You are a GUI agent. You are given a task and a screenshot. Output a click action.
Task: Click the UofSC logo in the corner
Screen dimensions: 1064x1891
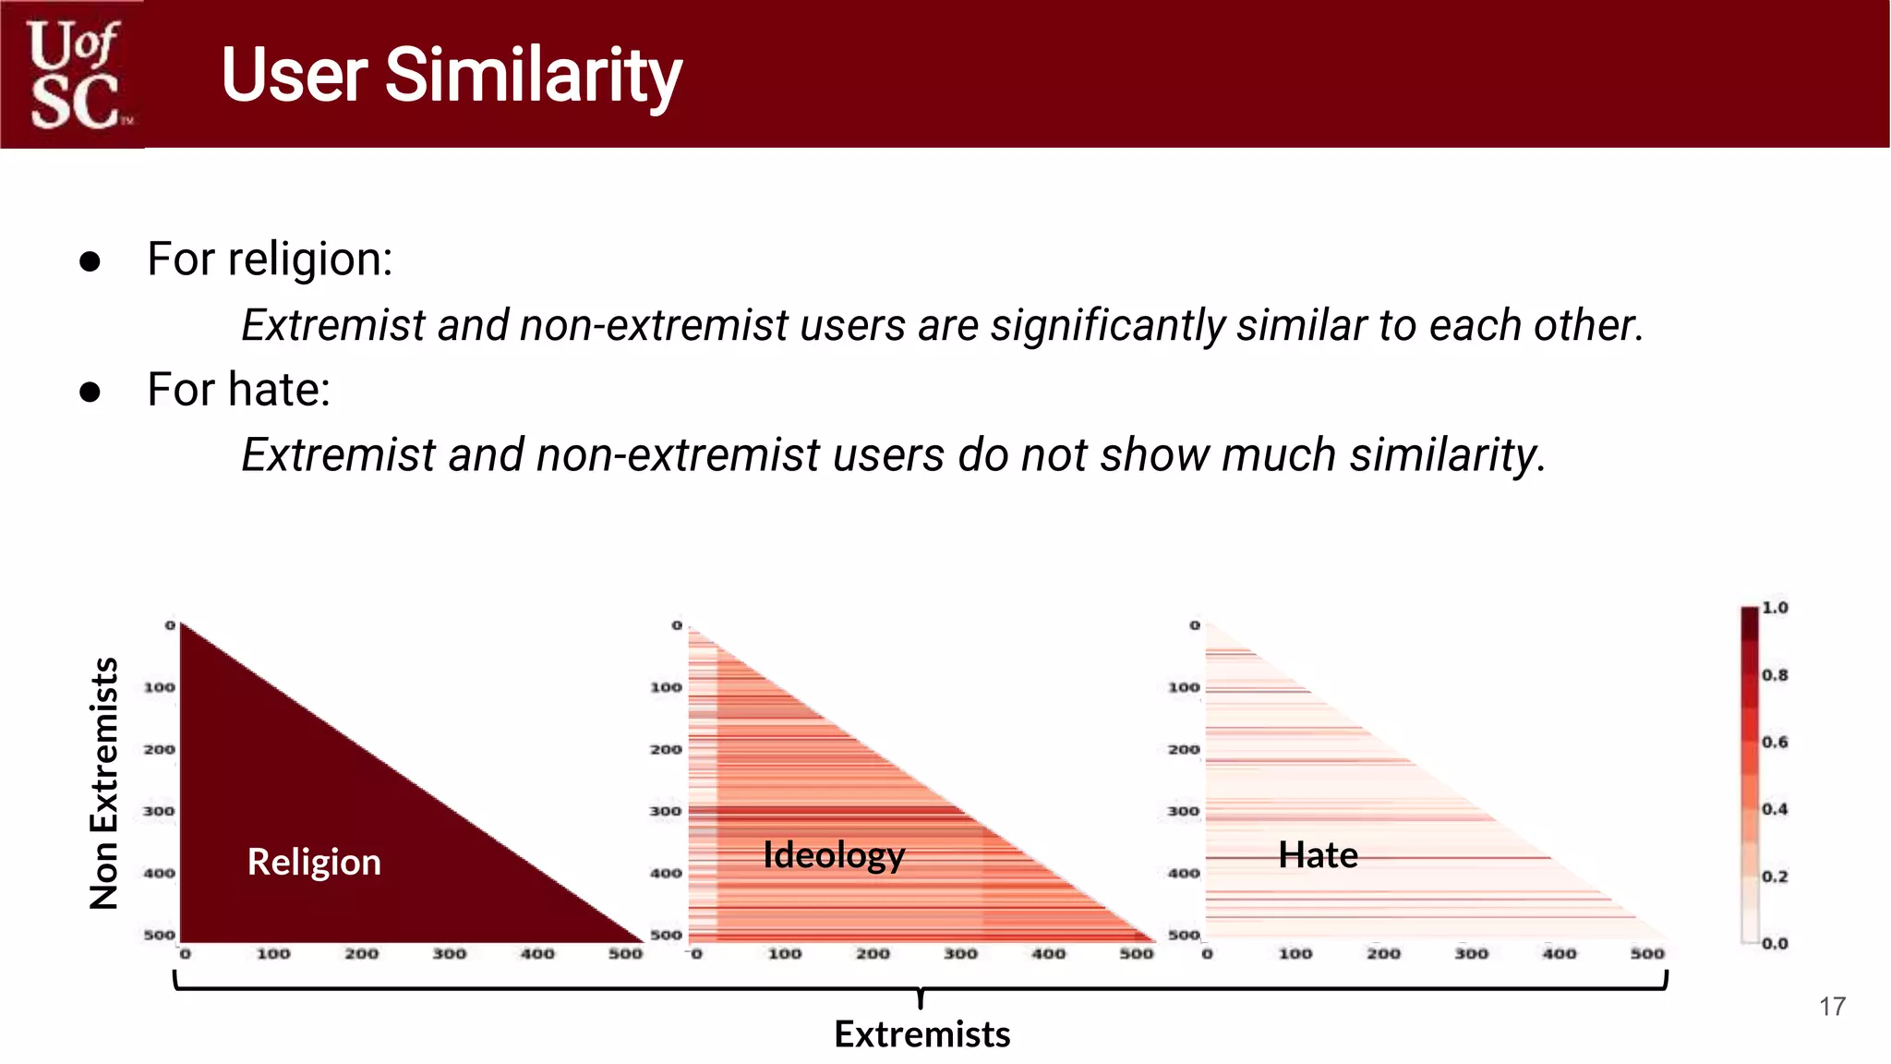(74, 74)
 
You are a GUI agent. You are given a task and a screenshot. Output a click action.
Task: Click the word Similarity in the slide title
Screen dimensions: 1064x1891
(533, 76)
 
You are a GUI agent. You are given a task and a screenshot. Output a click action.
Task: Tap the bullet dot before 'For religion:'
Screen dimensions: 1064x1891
(90, 261)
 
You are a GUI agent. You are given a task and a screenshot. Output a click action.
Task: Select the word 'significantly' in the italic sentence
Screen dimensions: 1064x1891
(1108, 325)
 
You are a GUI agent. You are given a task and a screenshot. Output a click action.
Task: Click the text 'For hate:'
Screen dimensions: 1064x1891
(238, 389)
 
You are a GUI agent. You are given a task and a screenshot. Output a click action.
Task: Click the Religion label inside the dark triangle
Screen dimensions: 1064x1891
(314, 862)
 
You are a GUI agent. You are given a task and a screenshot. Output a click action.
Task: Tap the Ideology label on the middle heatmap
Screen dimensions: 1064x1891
(833, 855)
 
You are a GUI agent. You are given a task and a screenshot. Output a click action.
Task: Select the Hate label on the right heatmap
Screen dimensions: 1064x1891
(1318, 855)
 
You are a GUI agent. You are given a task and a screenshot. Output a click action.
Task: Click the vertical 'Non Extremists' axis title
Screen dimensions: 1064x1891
(104, 783)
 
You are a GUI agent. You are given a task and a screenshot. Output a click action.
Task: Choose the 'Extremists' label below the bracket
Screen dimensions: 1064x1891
(921, 1034)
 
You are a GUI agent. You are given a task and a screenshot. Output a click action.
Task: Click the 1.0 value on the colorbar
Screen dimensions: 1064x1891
(1775, 608)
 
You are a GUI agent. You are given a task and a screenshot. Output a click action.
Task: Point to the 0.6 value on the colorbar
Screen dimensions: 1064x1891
(1775, 742)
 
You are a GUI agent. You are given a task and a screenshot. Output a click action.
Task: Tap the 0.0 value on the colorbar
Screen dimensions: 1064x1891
(1775, 943)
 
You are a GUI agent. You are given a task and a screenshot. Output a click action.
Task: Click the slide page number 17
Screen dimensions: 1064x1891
(1832, 1007)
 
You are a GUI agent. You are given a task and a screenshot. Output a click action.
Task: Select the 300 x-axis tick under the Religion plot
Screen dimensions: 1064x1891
(450, 953)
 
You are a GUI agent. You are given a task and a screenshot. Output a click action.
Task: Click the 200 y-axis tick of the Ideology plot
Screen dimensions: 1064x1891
(666, 749)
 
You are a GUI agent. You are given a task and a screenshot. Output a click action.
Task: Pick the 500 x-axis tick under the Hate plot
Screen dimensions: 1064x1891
(1647, 953)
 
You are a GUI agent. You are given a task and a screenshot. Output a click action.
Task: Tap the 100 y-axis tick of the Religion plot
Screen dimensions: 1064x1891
(159, 687)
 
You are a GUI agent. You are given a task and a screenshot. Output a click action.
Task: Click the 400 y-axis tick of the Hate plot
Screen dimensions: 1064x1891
(1184, 873)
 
